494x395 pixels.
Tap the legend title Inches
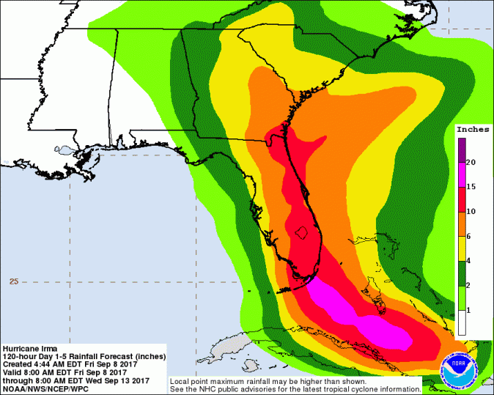coord(472,129)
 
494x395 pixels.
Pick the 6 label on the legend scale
coord(471,236)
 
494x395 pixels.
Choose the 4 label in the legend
coord(471,261)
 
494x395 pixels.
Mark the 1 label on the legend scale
coord(471,311)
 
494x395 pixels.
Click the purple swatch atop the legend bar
coord(461,149)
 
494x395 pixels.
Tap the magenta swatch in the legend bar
coord(461,174)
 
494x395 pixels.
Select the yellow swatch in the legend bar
coord(461,248)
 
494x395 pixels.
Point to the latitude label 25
coord(12,281)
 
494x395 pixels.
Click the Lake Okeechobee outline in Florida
coord(299,234)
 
